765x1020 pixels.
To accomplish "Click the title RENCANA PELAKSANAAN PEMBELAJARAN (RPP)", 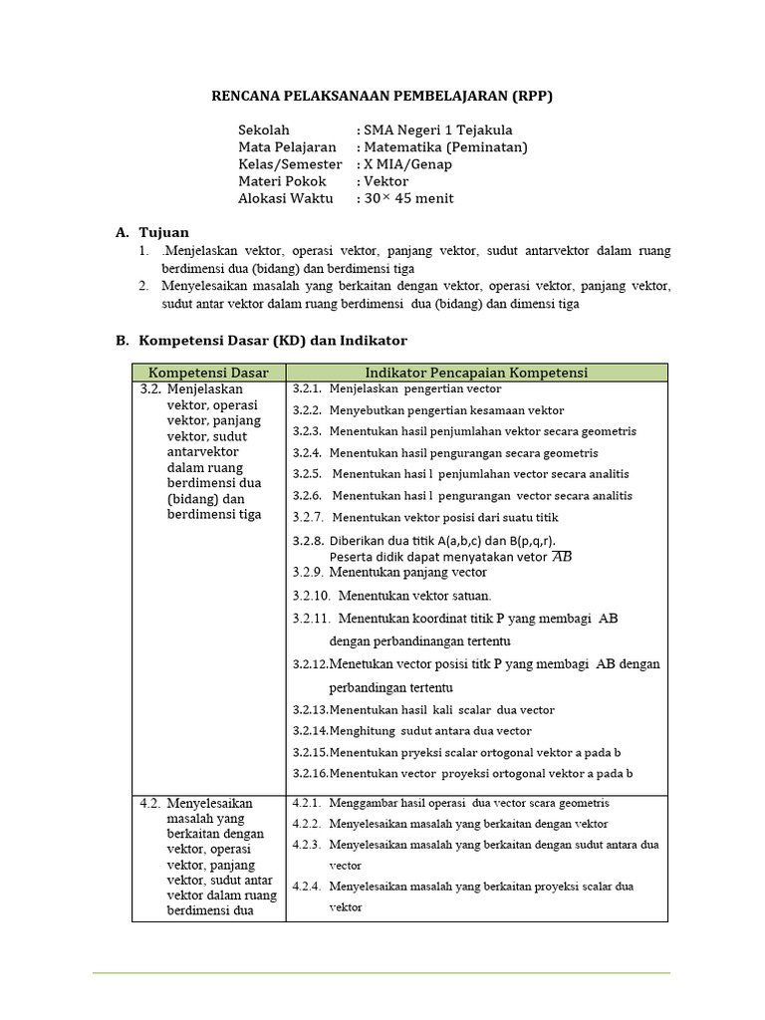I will [x=382, y=96].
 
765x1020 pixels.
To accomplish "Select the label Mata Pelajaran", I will [x=287, y=146].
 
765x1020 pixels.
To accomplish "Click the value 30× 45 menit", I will [x=409, y=197].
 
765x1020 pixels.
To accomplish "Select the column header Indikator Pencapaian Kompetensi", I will [x=476, y=373].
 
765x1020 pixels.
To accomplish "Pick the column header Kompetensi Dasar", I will [x=208, y=373].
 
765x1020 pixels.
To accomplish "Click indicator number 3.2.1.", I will [x=307, y=388].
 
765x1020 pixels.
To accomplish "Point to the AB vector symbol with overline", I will [x=563, y=556].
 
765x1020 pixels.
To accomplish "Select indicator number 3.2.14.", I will [x=310, y=730].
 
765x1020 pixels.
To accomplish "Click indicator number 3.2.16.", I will [x=310, y=773].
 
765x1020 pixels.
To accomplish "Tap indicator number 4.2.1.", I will [x=307, y=803].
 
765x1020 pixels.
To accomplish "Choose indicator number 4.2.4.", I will [x=307, y=886].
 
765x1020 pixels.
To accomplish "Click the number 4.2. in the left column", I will [x=150, y=803].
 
